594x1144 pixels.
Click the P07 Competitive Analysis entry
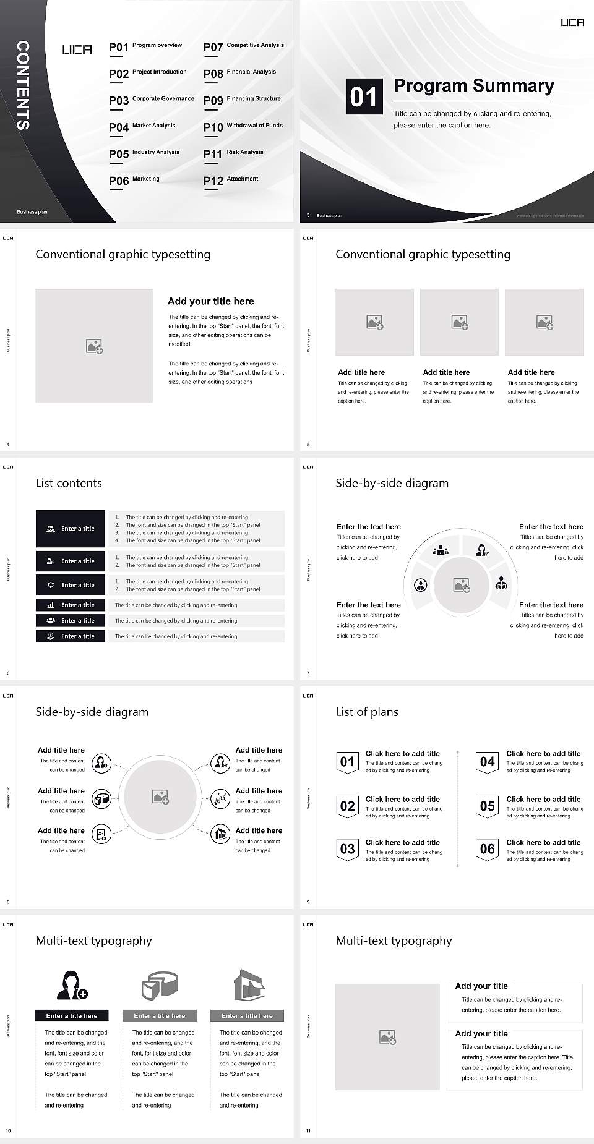[243, 46]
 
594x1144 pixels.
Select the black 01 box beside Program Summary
[364, 96]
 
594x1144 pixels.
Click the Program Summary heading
[473, 86]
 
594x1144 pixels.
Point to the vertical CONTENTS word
[23, 85]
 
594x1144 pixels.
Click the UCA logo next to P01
[77, 49]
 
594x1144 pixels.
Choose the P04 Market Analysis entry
[142, 127]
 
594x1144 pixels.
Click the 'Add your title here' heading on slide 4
[210, 301]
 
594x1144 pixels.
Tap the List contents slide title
[69, 483]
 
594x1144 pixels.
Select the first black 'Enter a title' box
[71, 529]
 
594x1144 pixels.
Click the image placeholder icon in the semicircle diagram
[462, 585]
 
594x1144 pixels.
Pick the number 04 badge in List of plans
[488, 762]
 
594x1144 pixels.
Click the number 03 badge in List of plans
[347, 849]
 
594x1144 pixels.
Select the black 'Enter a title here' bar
[71, 1015]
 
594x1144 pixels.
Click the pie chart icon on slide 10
[160, 985]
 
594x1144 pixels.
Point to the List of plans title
[367, 712]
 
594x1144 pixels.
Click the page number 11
[308, 1131]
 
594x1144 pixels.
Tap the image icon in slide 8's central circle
[161, 797]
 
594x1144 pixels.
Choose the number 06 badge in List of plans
[488, 849]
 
